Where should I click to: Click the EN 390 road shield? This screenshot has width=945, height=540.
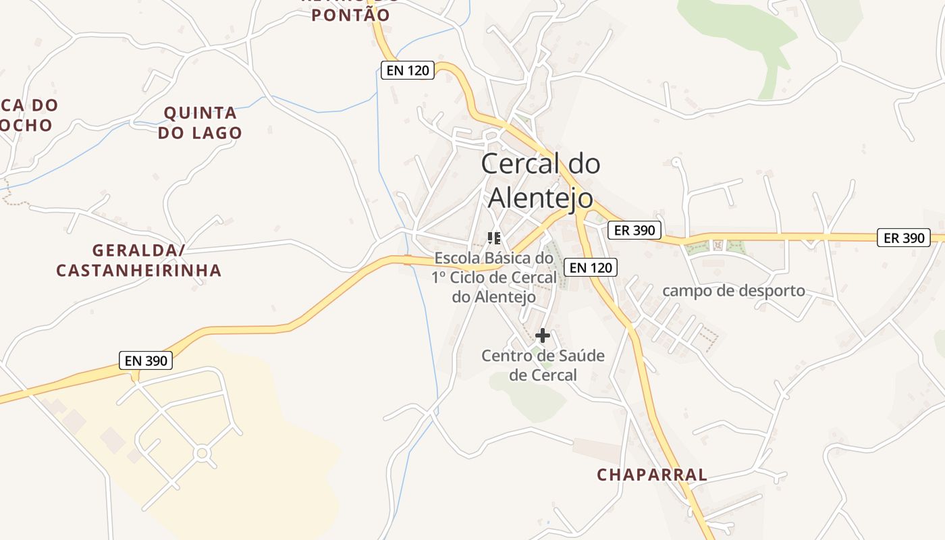tap(146, 360)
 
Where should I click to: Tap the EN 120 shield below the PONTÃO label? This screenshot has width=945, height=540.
tap(407, 70)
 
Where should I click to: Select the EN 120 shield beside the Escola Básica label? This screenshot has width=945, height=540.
tap(591, 267)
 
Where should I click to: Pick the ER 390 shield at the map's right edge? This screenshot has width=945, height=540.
tap(904, 238)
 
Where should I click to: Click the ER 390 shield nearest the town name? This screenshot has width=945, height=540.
tap(635, 230)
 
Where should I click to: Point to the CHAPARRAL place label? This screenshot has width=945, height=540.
tap(651, 475)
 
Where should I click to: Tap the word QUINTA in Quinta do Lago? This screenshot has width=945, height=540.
tap(200, 113)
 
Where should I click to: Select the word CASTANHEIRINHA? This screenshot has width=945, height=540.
tap(138, 271)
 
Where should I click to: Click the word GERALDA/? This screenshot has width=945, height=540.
tap(138, 250)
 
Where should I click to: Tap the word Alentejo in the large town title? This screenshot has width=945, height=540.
tap(540, 198)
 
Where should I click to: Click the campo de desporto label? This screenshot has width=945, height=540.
tap(734, 291)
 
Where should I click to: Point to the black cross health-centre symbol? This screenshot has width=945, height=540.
tap(542, 335)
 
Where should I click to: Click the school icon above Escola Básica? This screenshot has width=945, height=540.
tap(494, 238)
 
